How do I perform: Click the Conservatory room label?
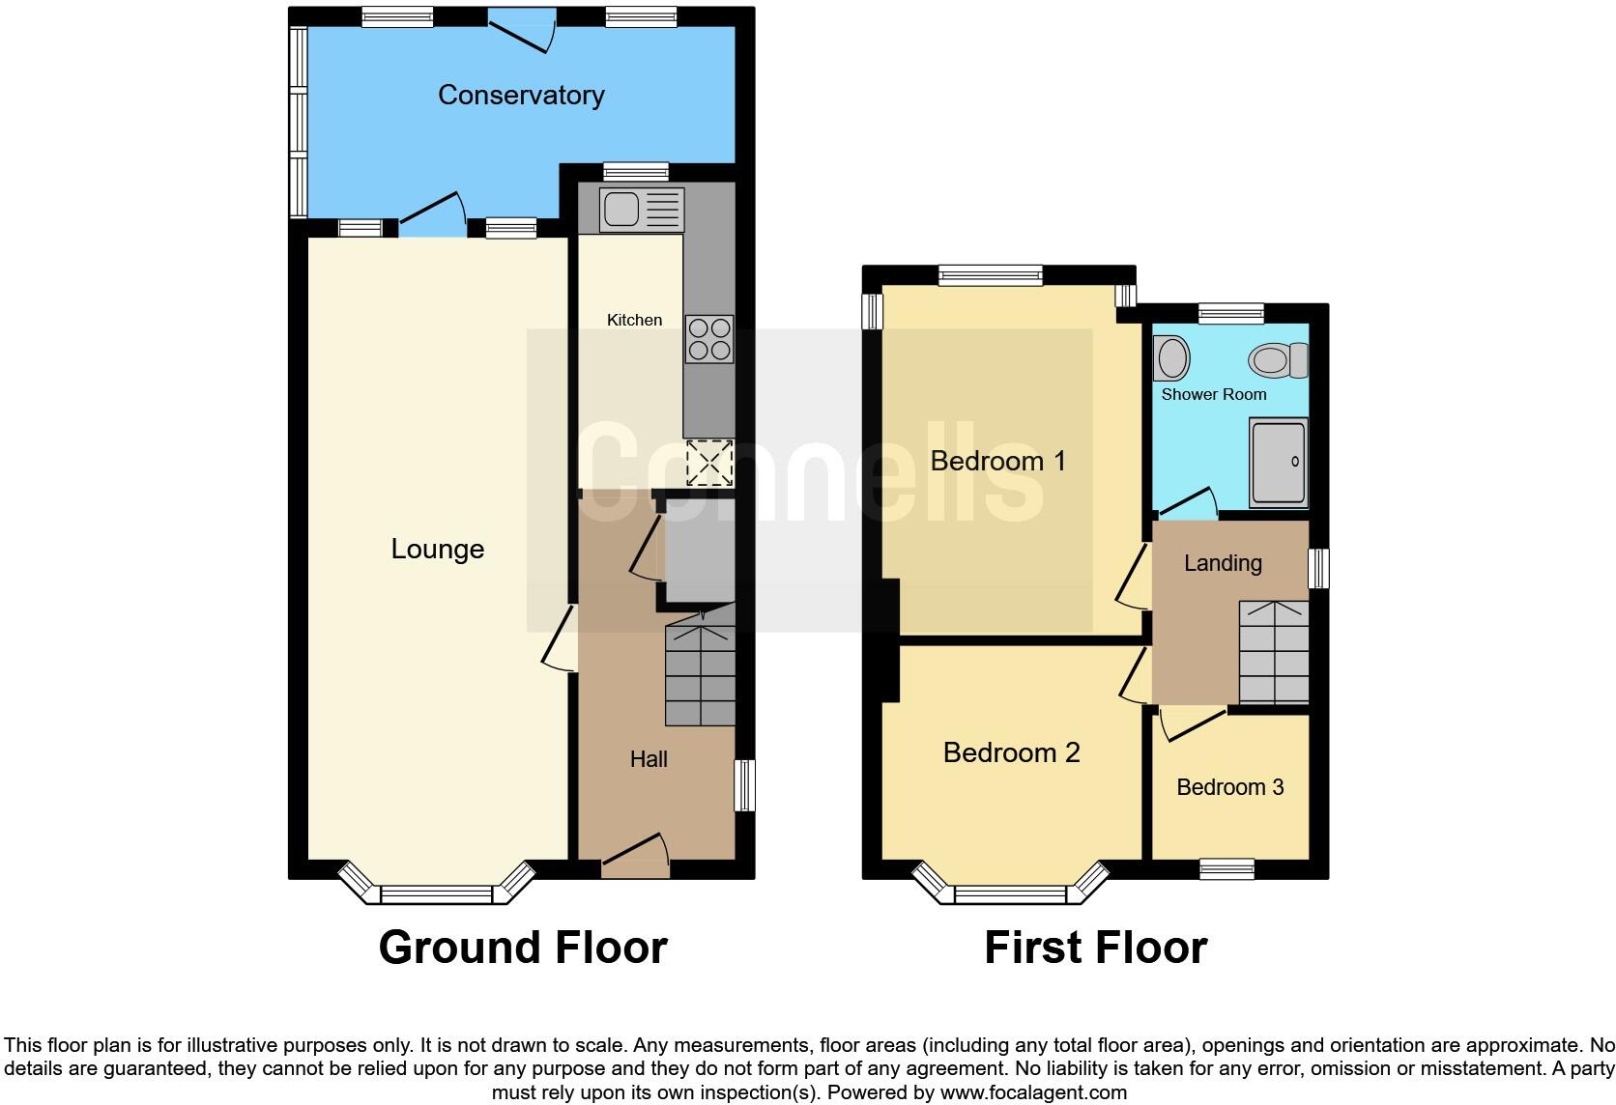[521, 95]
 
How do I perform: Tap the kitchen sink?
[641, 210]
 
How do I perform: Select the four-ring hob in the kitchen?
[708, 339]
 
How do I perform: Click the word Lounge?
[437, 549]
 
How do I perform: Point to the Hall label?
[649, 759]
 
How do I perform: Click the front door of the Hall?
[635, 857]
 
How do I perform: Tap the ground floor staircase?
[700, 674]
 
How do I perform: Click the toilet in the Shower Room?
[1278, 360]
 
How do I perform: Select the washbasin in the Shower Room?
[1171, 358]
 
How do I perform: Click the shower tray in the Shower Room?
[1278, 462]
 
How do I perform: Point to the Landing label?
[1223, 563]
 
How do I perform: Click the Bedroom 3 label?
[1229, 787]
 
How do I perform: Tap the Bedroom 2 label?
[1011, 752]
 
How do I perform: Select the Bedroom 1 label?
[997, 461]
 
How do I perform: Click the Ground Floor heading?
[523, 948]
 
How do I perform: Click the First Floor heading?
[1095, 948]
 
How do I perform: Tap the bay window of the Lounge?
[437, 893]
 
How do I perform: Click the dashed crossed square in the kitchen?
[709, 463]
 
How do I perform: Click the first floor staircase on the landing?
[1274, 652]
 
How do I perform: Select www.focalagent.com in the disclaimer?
[1032, 1092]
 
